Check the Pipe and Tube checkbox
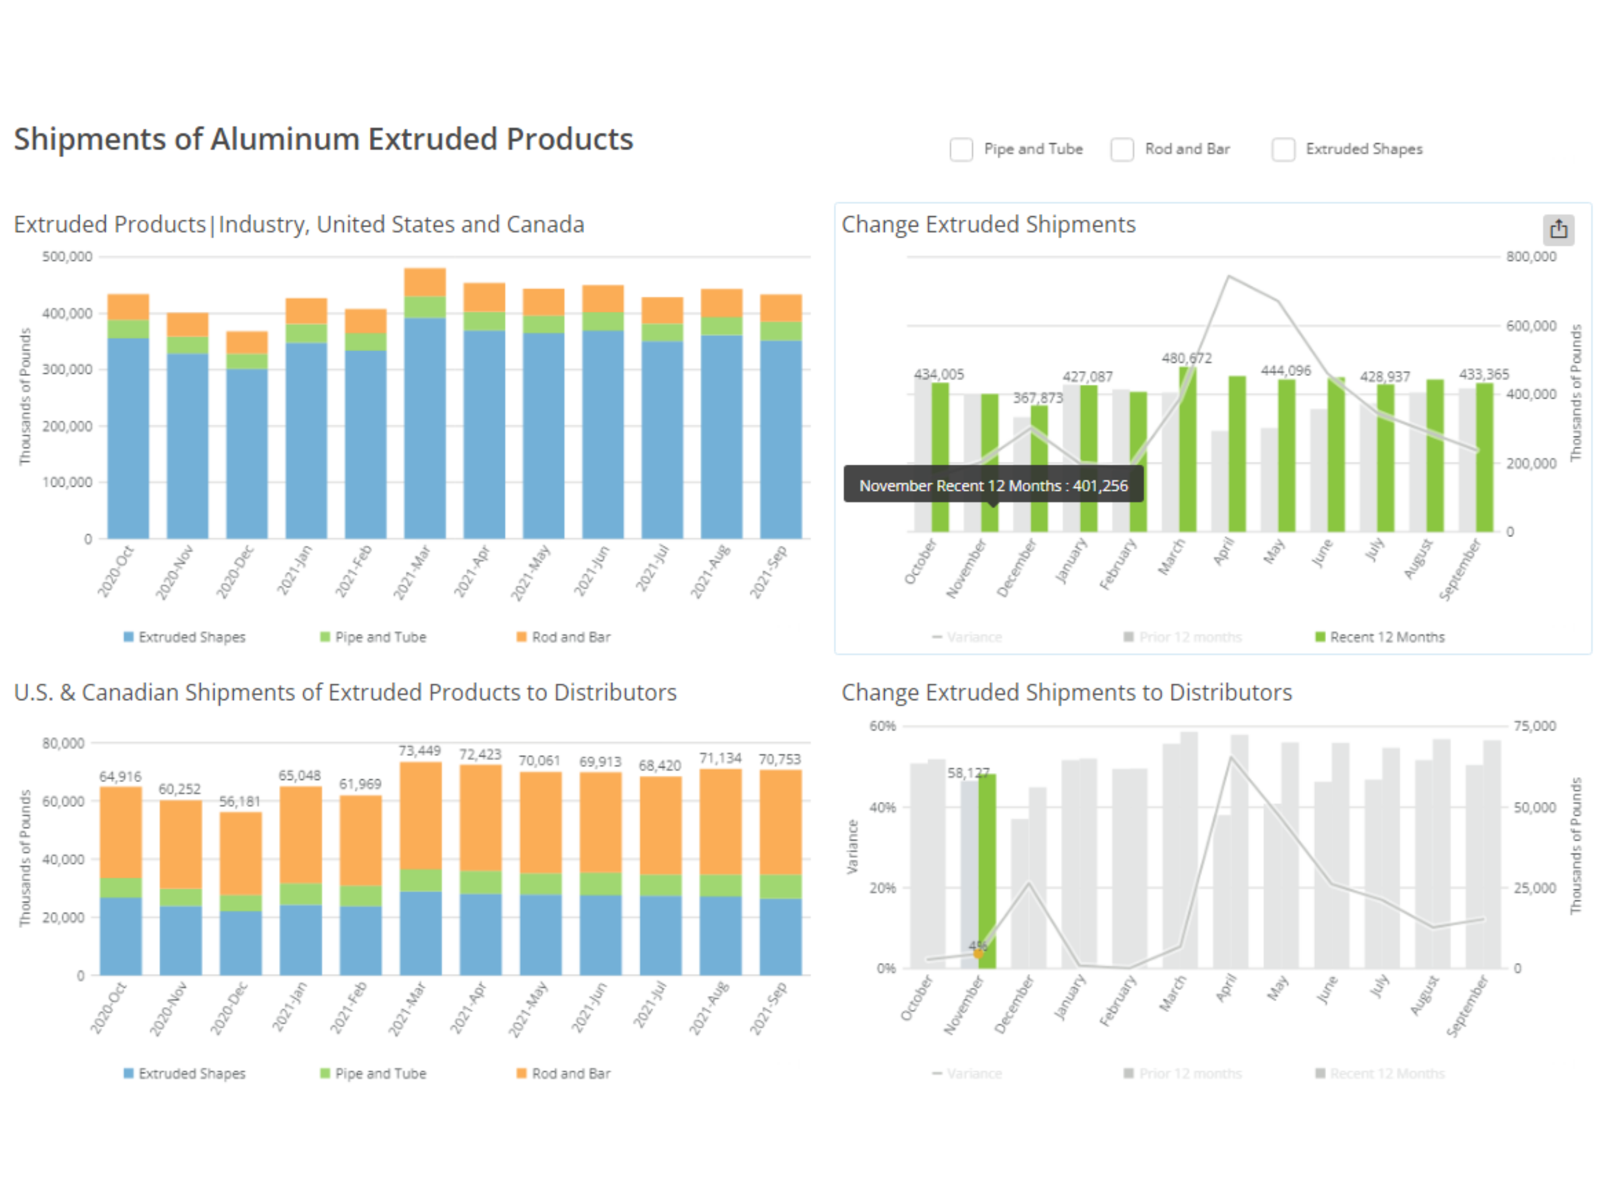click(x=961, y=150)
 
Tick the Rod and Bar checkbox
click(x=1122, y=150)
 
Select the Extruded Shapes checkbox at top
click(x=1283, y=150)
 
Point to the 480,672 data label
click(x=1186, y=358)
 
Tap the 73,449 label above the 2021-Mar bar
click(x=419, y=750)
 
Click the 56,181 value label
click(x=240, y=801)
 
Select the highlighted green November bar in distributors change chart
click(x=987, y=871)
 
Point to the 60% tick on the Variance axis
click(x=882, y=726)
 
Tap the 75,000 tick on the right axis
click(x=1534, y=726)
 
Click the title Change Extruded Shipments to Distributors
click(x=1066, y=692)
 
